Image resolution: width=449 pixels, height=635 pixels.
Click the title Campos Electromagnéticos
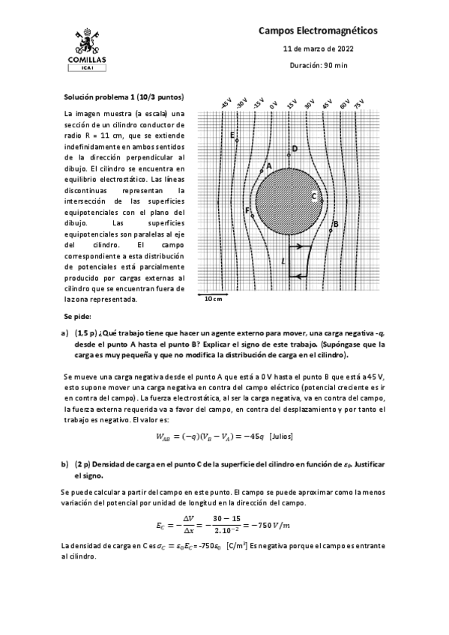coord(318,30)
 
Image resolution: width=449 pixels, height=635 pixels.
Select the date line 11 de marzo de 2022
coord(318,49)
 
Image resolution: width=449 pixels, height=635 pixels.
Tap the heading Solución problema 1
coord(124,97)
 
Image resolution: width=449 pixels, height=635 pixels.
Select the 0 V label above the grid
coord(274,105)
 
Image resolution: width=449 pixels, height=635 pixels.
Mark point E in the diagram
coord(232,135)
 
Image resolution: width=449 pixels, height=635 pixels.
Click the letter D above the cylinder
coord(295,148)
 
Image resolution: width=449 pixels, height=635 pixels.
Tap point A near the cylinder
coord(268,165)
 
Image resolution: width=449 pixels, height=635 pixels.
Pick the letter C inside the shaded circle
coord(314,196)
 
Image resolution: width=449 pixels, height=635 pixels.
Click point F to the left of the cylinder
coord(247,210)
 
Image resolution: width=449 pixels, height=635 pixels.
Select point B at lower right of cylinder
coord(335,223)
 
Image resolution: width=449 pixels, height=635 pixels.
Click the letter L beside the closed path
coord(283,261)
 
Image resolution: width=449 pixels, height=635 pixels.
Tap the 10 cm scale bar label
coord(214,300)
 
